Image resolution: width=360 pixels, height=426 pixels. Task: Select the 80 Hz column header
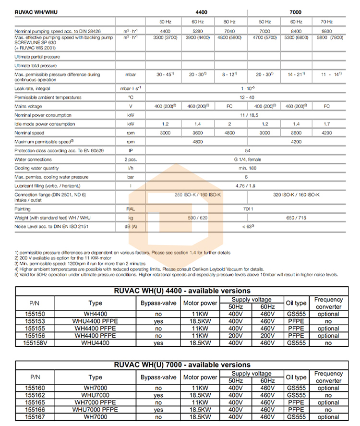point(229,22)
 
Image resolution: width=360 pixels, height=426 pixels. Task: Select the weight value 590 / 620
point(197,218)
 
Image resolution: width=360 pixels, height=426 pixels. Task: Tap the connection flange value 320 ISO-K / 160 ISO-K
point(296,195)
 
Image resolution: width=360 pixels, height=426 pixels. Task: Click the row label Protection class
point(46,151)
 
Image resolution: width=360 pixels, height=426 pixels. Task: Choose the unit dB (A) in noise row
point(130,226)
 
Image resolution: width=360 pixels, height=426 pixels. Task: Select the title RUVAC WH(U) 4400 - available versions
point(182,291)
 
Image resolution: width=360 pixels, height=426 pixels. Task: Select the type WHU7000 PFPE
point(95,410)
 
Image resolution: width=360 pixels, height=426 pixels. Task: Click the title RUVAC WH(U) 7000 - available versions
point(182,365)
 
